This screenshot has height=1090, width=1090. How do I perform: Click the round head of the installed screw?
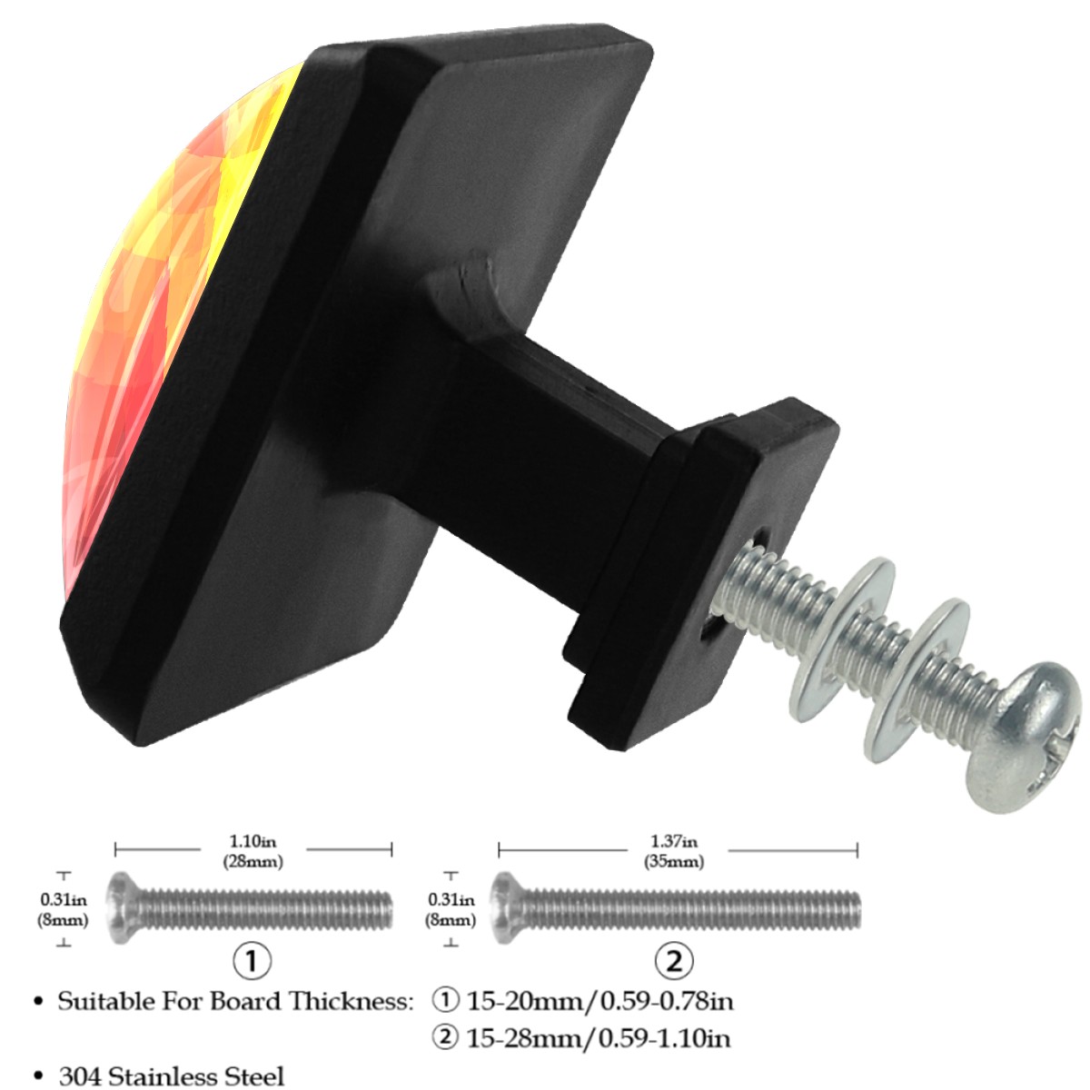click(x=1024, y=746)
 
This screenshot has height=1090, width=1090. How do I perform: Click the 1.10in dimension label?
click(x=253, y=841)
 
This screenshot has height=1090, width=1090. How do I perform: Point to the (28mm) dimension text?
click(x=253, y=861)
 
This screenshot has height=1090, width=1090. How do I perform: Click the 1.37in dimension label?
click(x=673, y=841)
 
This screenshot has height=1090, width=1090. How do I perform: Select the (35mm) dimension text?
click(x=674, y=861)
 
